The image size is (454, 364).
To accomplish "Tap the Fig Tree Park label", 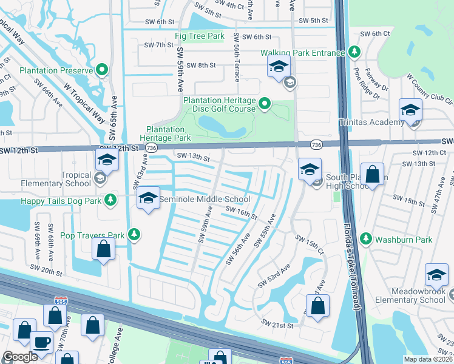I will click(199, 36).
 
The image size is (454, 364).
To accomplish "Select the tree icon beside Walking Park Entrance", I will click(354, 53).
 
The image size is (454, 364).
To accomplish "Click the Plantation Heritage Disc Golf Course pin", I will click(264, 105).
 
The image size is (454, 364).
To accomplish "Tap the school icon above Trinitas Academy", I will click(410, 110).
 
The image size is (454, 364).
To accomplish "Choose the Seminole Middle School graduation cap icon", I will click(147, 198).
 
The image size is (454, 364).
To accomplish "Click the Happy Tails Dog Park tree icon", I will click(110, 200).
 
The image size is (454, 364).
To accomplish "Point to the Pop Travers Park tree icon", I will click(134, 235).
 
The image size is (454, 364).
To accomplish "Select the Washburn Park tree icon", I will click(365, 240).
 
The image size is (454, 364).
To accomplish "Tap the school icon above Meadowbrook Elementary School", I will click(436, 275).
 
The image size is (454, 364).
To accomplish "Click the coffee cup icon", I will click(41, 342).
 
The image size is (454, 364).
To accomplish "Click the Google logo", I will click(20, 357).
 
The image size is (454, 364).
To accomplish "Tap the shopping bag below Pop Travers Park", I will click(104, 249).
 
